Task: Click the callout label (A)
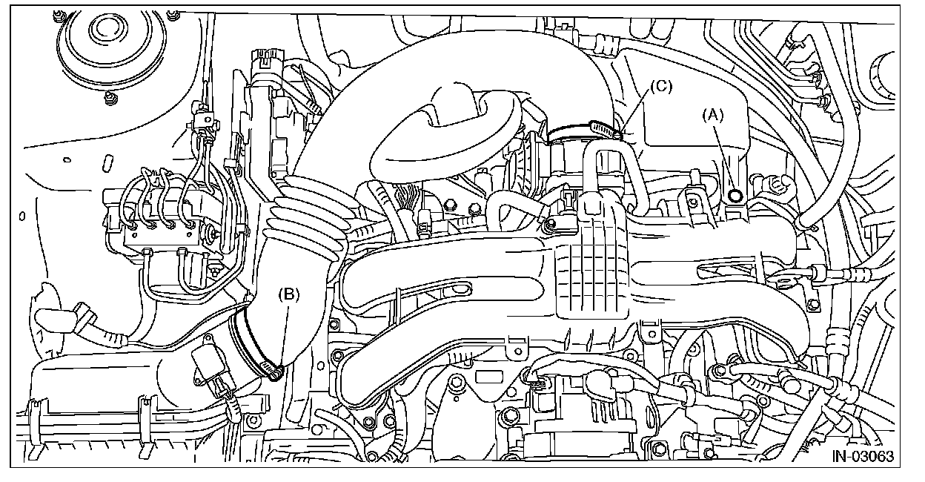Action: tap(713, 114)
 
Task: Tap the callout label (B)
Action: tap(288, 294)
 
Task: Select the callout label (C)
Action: tap(660, 86)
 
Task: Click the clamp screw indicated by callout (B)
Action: tap(276, 372)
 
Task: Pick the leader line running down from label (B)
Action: tap(285, 334)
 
